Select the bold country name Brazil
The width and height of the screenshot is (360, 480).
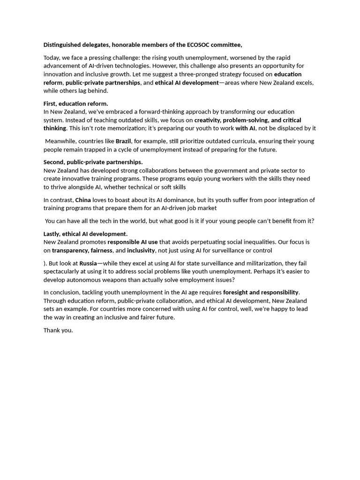click(123, 141)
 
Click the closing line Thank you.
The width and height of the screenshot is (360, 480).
click(58, 330)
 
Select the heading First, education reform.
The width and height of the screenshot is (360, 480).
click(76, 104)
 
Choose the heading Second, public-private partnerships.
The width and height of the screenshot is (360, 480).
click(93, 162)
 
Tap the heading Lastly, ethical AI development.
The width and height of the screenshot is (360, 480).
click(85, 234)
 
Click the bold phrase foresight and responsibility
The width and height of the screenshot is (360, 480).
click(261, 292)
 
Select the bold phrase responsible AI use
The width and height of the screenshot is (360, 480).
click(133, 242)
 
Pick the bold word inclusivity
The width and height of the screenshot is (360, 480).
click(141, 250)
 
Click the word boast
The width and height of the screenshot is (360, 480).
click(122, 200)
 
